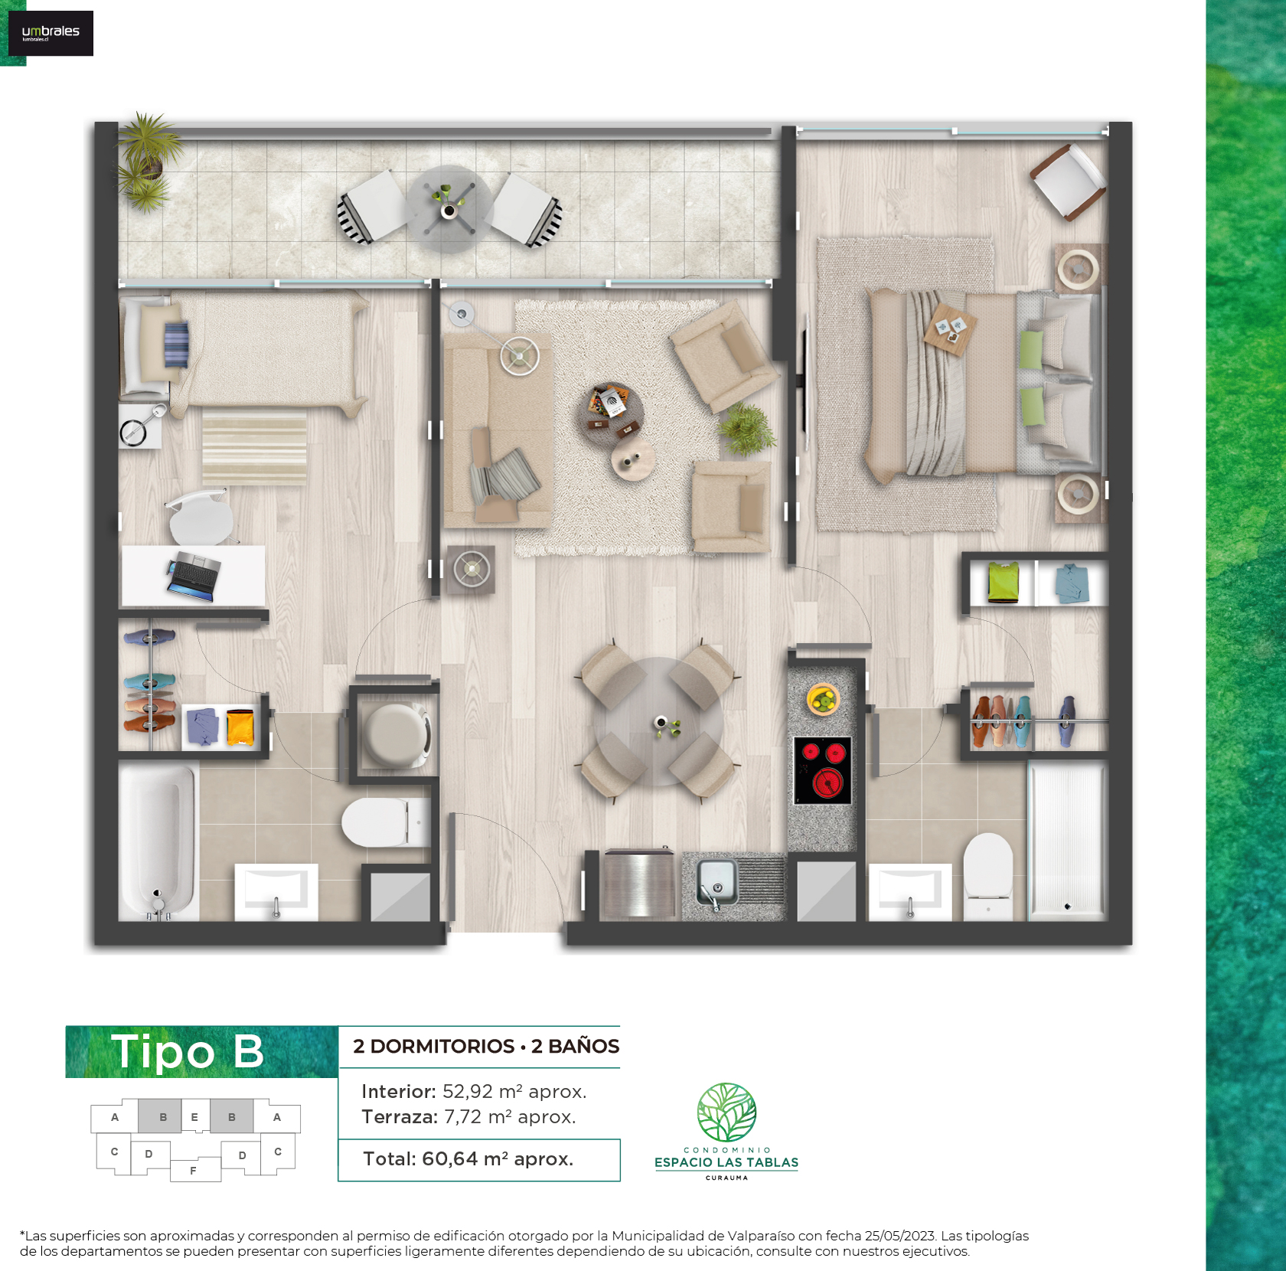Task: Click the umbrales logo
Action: click(x=51, y=33)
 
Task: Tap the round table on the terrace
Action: click(x=449, y=209)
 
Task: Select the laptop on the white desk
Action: click(x=194, y=576)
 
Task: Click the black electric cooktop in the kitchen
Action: click(x=822, y=770)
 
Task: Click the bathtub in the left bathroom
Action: click(x=158, y=841)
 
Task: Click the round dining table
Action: click(x=659, y=722)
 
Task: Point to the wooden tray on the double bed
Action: click(x=950, y=330)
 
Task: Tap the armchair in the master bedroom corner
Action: click(x=1068, y=181)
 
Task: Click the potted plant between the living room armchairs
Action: click(x=747, y=429)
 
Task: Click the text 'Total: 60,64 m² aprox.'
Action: click(x=468, y=1158)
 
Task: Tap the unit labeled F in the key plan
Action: click(x=193, y=1171)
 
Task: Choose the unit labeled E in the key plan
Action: click(x=194, y=1117)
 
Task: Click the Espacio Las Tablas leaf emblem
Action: click(x=726, y=1113)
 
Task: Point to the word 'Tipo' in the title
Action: click(x=163, y=1051)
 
